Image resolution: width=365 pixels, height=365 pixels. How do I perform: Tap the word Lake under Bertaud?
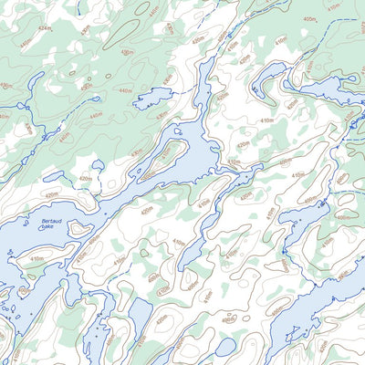[x=47, y=227]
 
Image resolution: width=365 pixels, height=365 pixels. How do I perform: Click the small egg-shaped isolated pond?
[x=225, y=348]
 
